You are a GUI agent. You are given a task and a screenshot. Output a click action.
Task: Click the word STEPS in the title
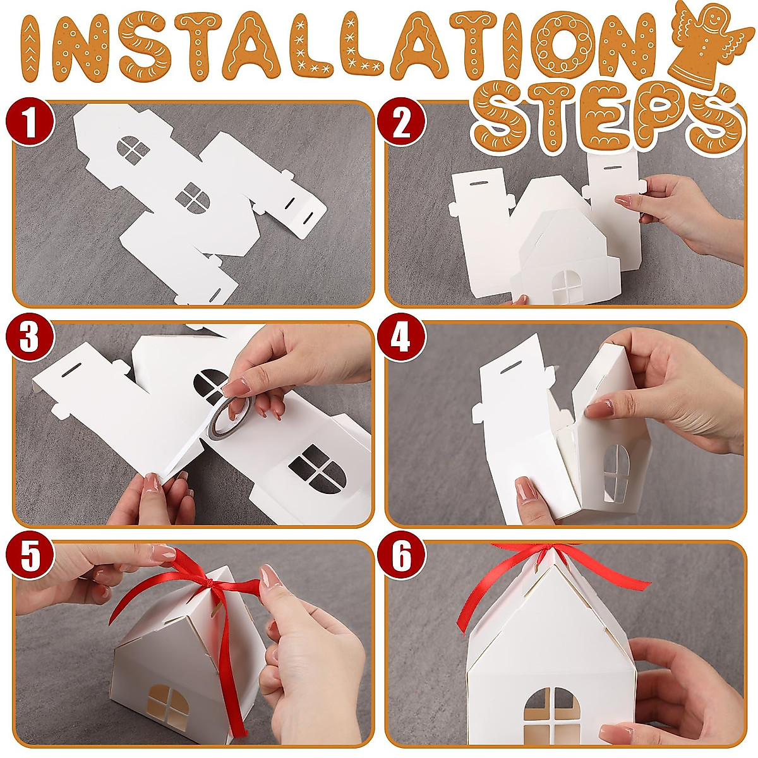point(606,117)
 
